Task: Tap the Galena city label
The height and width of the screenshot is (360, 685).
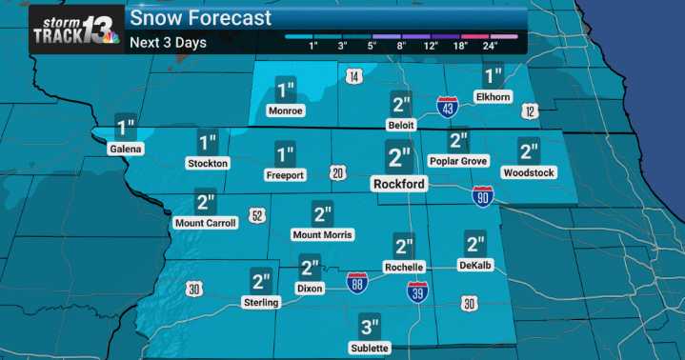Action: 125,150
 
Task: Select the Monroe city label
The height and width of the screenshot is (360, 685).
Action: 285,111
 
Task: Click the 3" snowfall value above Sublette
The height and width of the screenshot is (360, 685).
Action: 370,326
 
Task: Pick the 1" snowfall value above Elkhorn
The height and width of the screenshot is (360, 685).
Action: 493,76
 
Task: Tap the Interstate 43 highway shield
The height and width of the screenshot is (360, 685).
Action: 447,106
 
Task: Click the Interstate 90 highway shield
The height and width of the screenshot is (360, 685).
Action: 484,195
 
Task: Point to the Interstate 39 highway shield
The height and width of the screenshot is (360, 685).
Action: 416,291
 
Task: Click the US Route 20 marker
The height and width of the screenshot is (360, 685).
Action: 337,172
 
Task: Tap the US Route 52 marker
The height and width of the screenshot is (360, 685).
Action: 256,216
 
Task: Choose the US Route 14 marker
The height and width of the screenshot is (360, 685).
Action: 353,76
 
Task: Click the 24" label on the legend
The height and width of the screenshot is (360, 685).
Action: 491,46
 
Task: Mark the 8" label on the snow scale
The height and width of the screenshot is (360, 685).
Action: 402,46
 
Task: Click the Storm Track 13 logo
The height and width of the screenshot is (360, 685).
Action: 76,29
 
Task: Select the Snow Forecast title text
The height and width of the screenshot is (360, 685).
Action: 200,17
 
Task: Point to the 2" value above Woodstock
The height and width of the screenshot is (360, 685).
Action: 530,150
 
